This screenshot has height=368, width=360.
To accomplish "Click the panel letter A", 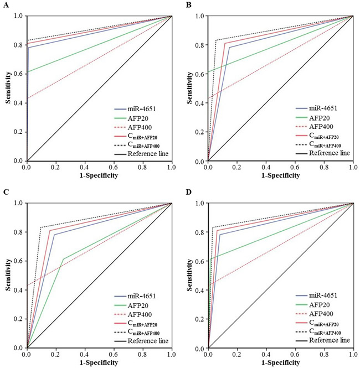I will [x=4, y=4].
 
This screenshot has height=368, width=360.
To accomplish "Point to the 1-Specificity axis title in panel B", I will [x=279, y=175].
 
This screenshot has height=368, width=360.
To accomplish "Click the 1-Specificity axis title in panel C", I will [x=98, y=362].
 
